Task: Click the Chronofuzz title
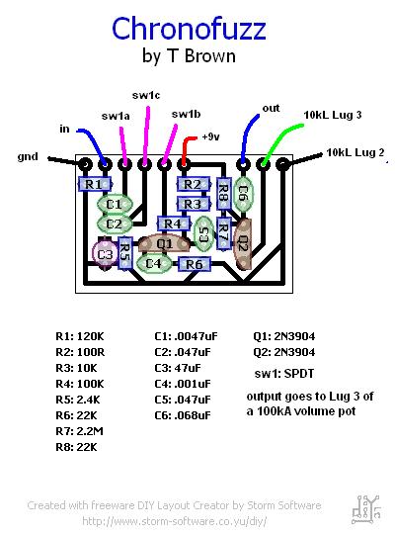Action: tap(189, 29)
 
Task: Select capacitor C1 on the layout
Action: tap(115, 205)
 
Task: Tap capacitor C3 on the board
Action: tap(105, 255)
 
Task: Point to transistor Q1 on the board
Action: tap(164, 243)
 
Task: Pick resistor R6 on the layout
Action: tap(194, 264)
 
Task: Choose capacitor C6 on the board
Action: tap(244, 197)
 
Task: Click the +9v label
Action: tap(211, 137)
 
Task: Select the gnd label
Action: tap(28, 156)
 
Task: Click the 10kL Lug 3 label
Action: tap(332, 116)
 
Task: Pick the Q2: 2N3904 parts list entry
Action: tap(284, 351)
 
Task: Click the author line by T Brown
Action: tap(189, 56)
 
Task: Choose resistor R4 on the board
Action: tap(174, 224)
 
